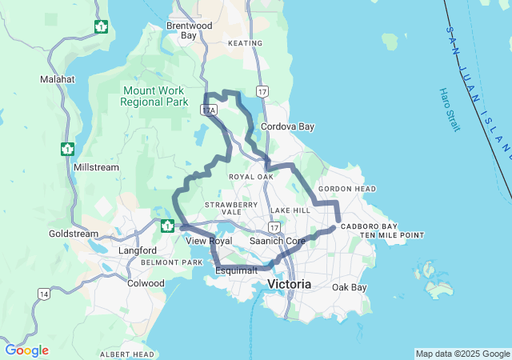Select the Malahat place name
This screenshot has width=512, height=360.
pos(57,80)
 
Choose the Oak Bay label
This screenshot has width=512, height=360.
pos(349,287)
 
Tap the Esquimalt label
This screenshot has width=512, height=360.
pos(236,270)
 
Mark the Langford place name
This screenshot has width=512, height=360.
pos(138,250)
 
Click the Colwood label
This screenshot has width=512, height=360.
pos(146,282)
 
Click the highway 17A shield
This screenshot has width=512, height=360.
pos(210,110)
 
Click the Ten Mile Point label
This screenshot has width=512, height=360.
pos(391,235)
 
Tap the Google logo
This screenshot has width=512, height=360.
pos(26,350)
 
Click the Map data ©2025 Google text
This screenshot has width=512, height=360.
pos(462,354)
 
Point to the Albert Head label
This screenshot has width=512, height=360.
pos(127,354)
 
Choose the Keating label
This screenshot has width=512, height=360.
pos(245,43)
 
